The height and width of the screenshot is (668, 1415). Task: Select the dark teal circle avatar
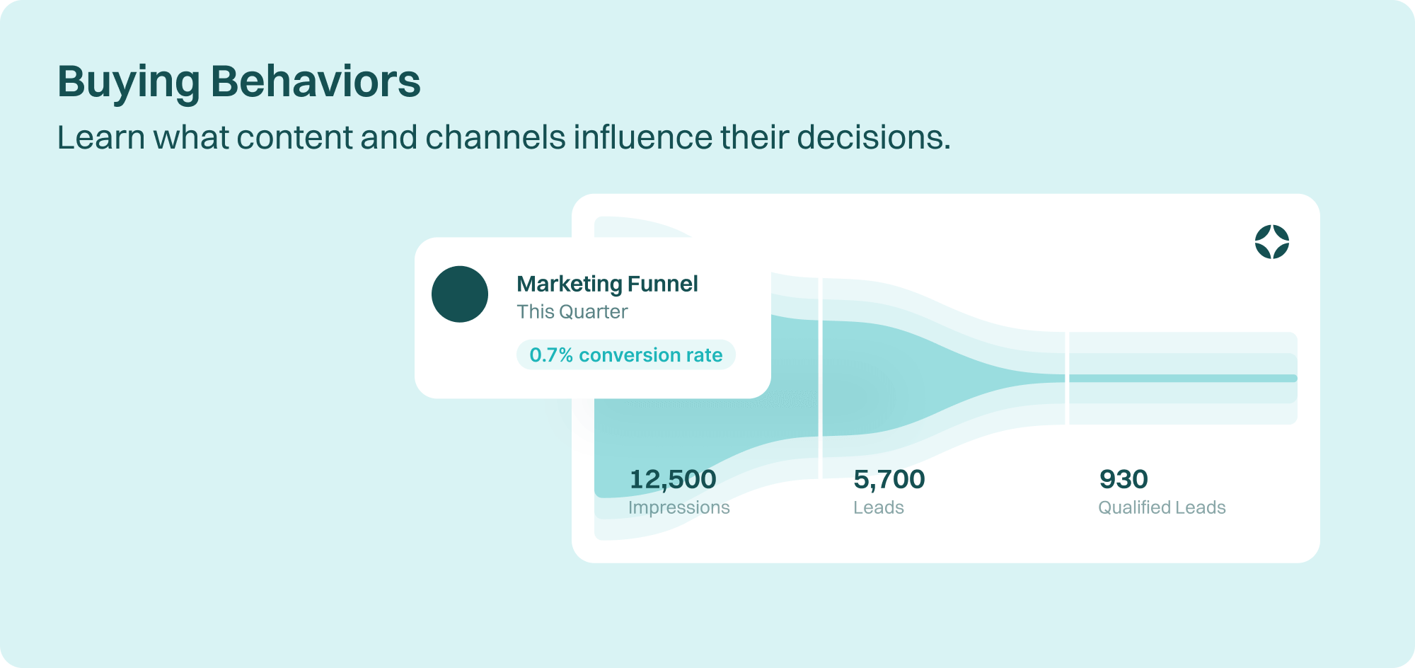tap(460, 294)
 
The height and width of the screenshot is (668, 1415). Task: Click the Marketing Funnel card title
tap(607, 284)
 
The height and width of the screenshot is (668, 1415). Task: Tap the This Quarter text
tap(572, 311)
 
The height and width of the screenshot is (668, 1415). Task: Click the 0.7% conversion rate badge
tap(626, 355)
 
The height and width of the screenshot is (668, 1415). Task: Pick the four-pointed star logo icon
tap(1272, 242)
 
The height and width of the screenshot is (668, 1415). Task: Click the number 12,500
tap(673, 479)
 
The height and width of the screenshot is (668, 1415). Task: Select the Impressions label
tap(679, 507)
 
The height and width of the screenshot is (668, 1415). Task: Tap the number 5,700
tap(889, 479)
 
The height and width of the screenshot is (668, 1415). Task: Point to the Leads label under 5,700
tap(879, 507)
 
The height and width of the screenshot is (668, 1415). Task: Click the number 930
tap(1124, 479)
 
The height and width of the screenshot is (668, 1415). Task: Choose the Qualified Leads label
tap(1162, 507)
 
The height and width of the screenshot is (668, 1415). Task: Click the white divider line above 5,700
tap(821, 378)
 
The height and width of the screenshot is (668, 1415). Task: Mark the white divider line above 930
tap(1067, 378)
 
